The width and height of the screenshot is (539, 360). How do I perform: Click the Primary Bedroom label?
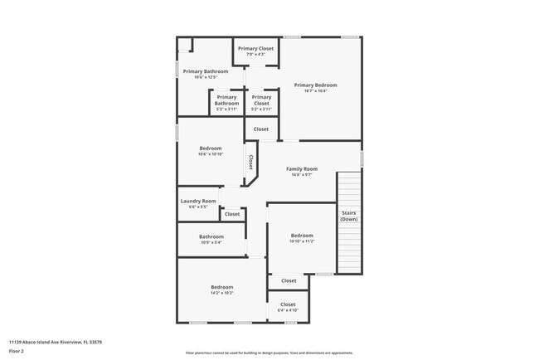[314, 85]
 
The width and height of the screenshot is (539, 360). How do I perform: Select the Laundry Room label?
[198, 201]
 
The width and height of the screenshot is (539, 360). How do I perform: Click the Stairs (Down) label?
[349, 216]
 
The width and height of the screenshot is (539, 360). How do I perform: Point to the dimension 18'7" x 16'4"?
[314, 91]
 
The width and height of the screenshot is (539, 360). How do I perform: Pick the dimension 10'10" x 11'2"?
[302, 241]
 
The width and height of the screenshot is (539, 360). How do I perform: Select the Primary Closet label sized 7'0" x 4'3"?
[255, 49]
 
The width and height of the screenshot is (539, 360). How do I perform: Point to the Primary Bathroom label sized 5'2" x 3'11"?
[226, 100]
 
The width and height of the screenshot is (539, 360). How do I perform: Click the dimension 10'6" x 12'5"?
[205, 77]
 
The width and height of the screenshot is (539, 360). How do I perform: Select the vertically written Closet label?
[250, 161]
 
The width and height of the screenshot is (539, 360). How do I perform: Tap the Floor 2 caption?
[17, 351]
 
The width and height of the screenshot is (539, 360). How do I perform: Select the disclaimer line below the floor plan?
[269, 353]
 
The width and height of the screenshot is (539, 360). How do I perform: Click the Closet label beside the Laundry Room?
[232, 214]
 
